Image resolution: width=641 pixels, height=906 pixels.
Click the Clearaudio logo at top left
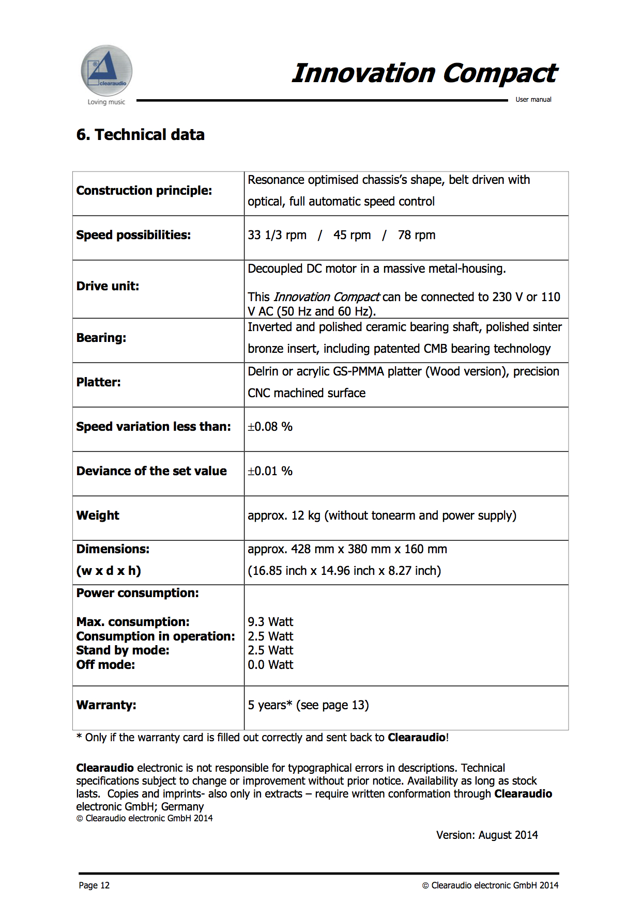point(106,71)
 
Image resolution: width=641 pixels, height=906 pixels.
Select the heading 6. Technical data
point(140,135)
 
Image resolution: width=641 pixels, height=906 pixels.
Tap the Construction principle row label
point(144,191)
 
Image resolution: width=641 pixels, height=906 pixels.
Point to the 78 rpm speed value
point(416,235)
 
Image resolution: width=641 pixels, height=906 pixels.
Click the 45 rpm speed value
point(352,235)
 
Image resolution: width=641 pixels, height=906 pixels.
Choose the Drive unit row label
point(108,286)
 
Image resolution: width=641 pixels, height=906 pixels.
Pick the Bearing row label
point(101,338)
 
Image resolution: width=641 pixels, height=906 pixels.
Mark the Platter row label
point(98,382)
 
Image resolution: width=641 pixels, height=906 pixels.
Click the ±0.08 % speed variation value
point(270,427)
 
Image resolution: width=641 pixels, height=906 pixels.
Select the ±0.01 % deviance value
point(270,471)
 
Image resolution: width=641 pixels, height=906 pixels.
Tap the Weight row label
point(98,516)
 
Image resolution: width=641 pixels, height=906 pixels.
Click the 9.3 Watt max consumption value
point(270,622)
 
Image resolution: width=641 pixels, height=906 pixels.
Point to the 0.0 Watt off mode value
point(270,665)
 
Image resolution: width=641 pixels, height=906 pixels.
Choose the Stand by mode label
point(123,650)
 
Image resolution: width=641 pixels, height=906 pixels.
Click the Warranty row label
point(106,705)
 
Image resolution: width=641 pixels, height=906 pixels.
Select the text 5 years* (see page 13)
point(308,705)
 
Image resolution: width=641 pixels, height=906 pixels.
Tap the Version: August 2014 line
point(487,835)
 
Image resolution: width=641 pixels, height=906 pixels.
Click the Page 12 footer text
point(94,885)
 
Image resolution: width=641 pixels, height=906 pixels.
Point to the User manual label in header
point(533,100)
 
